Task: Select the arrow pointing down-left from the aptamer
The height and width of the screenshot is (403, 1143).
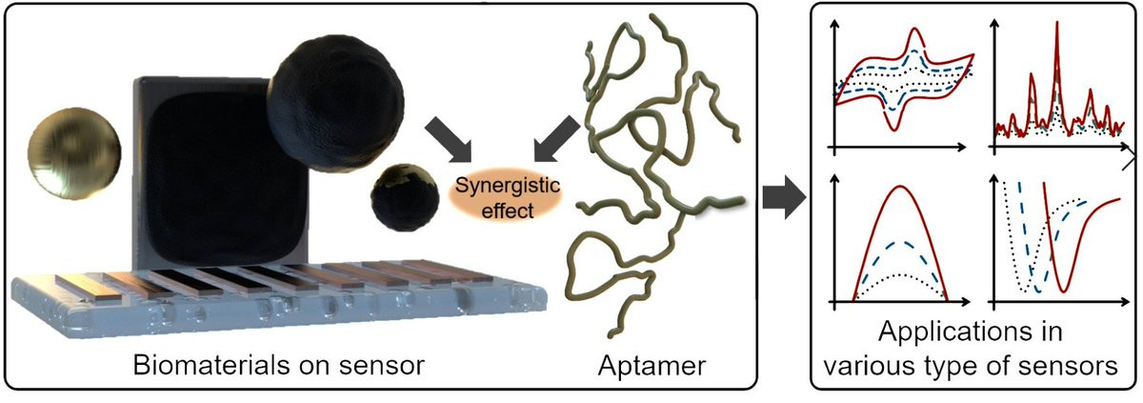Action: [557, 138]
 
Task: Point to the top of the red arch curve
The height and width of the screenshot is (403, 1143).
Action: [898, 187]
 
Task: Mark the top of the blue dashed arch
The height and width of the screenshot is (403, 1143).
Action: [898, 241]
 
